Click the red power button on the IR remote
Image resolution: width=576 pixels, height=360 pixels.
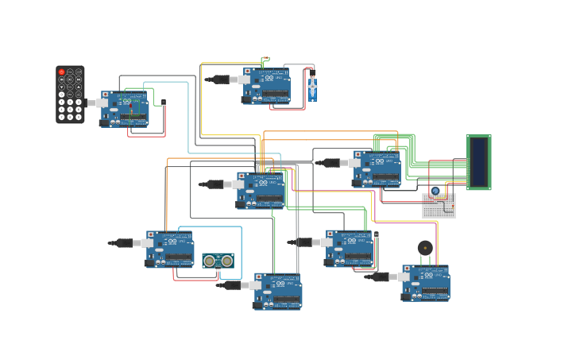[x=61, y=72]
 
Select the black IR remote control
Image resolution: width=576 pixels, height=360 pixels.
[x=70, y=95]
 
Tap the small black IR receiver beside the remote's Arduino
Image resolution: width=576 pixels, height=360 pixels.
[x=164, y=102]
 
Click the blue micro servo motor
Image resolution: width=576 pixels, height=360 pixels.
[x=312, y=86]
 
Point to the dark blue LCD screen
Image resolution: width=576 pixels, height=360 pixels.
[x=478, y=162]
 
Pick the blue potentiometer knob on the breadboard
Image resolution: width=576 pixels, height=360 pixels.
[x=435, y=191]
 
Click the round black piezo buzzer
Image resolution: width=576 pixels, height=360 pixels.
[x=425, y=248]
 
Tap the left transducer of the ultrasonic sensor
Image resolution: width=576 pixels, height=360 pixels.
[x=210, y=261]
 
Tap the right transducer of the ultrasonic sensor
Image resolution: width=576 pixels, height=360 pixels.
[x=226, y=261]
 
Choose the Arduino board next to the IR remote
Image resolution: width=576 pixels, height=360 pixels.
[x=125, y=109]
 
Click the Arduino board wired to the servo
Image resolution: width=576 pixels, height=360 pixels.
[x=267, y=86]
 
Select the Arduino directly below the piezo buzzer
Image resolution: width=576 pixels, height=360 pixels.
[x=426, y=283]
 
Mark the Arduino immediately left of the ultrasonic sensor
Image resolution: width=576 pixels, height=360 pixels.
[x=170, y=249]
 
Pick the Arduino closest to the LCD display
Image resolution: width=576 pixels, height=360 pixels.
[x=377, y=168]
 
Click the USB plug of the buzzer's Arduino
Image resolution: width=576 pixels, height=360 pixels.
[x=381, y=277]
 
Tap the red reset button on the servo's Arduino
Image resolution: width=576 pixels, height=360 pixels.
[x=247, y=72]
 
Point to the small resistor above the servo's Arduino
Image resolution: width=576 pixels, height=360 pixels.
[x=265, y=59]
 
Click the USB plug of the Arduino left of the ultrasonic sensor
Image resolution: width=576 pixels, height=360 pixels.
[x=125, y=243]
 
